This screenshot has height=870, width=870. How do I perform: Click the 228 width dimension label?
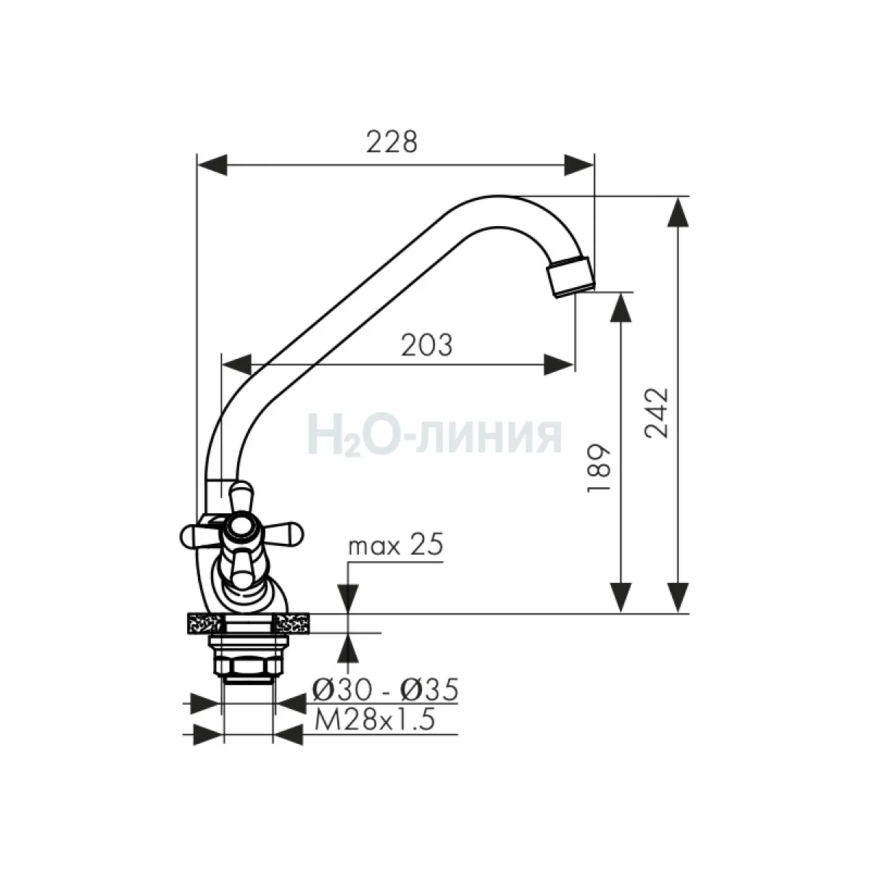coord(391,142)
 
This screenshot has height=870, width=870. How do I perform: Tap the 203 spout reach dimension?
coord(426,345)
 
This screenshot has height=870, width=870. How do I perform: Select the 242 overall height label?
coord(656,413)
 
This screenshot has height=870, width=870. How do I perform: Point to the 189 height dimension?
coord(599,468)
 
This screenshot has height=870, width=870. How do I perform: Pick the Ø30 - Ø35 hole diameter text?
coord(385,690)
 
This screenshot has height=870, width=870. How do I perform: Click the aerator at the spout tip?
coord(571,276)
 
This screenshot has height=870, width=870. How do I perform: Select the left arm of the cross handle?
coord(199,536)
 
